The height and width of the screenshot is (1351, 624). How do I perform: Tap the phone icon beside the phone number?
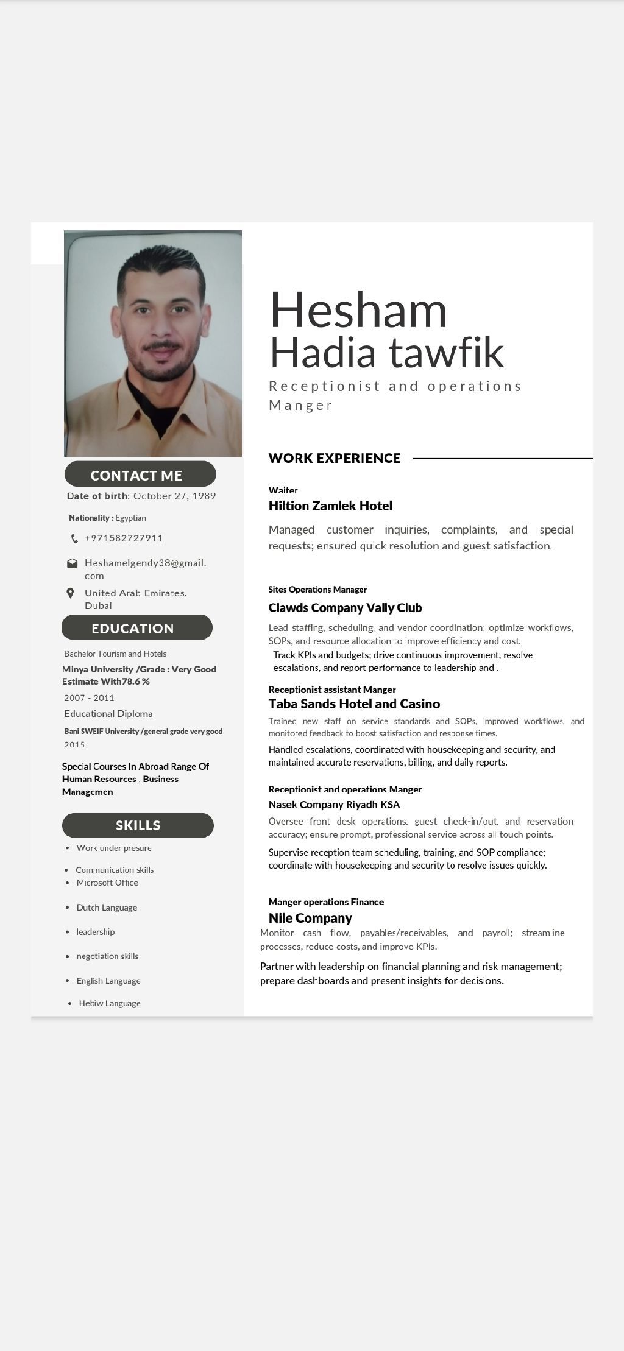point(74,538)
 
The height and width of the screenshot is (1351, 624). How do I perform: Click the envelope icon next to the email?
point(72,563)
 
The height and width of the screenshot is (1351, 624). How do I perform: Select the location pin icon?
point(71,593)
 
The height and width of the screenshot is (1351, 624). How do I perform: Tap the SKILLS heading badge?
point(138,825)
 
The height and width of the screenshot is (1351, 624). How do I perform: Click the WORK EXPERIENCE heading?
point(335,458)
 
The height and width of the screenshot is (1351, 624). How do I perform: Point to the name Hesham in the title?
point(358,309)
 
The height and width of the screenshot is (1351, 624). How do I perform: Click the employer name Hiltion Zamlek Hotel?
point(330,506)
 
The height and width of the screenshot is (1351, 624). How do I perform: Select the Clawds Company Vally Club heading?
point(345,607)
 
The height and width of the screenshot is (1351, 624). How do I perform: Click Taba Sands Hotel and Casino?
point(354,704)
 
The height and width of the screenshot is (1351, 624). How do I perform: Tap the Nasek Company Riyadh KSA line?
point(334,805)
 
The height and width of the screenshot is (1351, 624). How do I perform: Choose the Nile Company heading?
point(310,918)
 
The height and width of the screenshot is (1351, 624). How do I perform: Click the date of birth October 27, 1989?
point(174,496)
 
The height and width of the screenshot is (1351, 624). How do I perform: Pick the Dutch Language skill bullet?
point(107,908)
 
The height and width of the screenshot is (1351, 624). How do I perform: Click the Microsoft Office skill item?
point(107,883)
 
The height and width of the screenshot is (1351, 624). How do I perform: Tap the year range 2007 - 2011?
point(89,698)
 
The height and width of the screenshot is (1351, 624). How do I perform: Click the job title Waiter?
point(283,490)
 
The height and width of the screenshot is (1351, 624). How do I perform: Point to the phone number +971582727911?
point(124,538)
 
